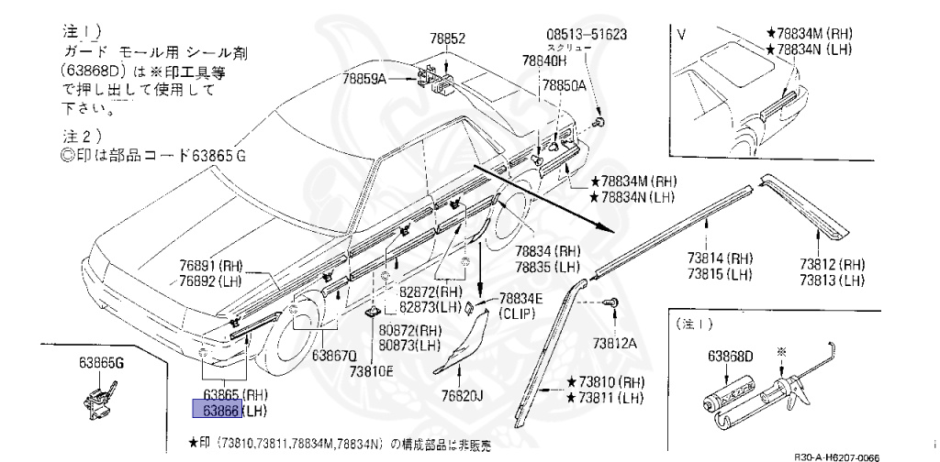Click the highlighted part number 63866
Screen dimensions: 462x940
pyautogui.click(x=209, y=410)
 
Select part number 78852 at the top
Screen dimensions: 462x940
pyautogui.click(x=449, y=39)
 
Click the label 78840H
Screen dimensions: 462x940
pyautogui.click(x=544, y=60)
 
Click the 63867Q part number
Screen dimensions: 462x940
pyautogui.click(x=333, y=356)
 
